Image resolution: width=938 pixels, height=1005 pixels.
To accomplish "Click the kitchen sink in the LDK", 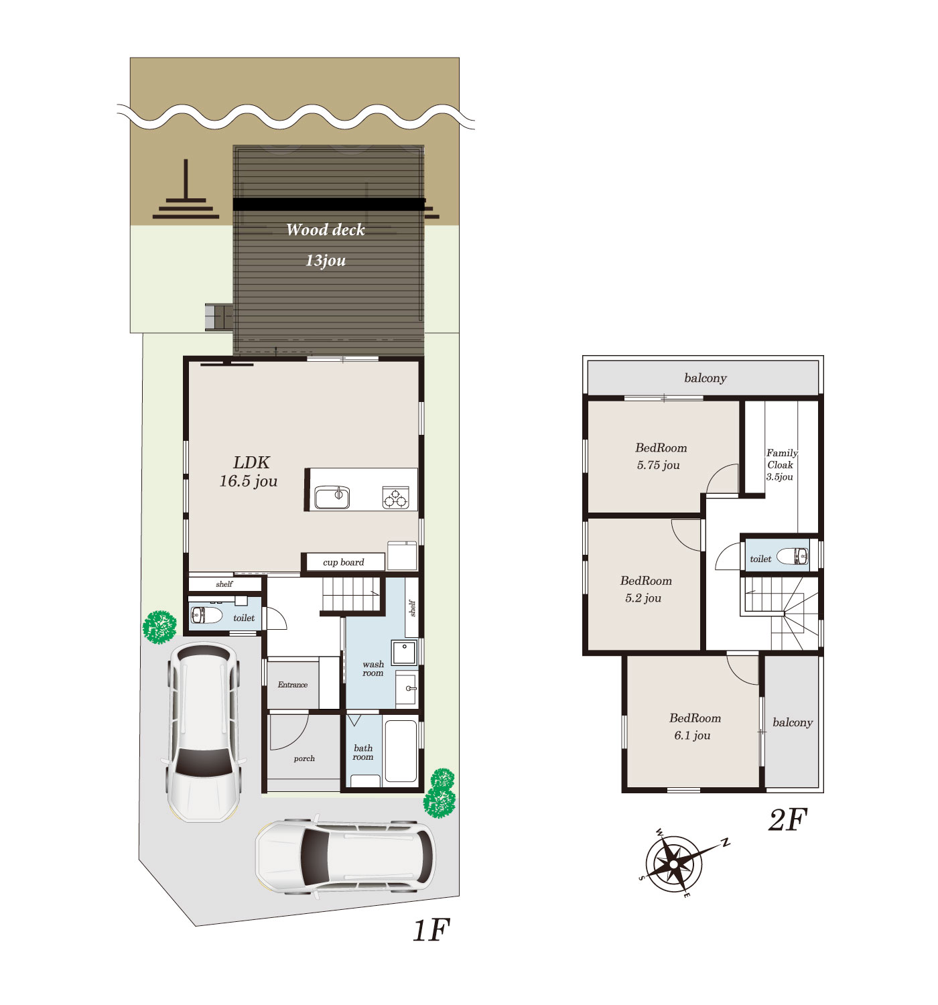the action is (x=332, y=497).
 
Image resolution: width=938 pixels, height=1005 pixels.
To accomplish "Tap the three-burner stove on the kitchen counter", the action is (x=395, y=497).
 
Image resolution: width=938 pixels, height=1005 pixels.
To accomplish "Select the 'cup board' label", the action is (x=343, y=562).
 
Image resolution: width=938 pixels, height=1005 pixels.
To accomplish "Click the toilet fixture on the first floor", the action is (x=206, y=615).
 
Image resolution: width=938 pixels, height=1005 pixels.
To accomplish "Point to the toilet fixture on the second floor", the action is (x=792, y=556).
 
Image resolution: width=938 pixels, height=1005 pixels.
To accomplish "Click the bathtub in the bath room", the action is (x=401, y=751).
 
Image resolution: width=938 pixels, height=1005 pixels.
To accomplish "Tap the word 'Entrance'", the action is (x=293, y=685).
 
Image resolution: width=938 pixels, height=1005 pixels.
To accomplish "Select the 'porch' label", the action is (x=304, y=758).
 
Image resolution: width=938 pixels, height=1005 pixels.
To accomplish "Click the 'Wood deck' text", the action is (x=325, y=230).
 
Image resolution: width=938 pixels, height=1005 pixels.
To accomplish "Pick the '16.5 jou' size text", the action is (x=248, y=481).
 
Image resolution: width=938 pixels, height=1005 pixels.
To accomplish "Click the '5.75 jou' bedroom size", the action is (x=658, y=466).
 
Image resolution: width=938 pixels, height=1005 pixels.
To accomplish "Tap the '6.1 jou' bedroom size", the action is (x=692, y=736).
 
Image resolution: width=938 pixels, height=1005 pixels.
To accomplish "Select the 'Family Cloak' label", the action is (x=781, y=458).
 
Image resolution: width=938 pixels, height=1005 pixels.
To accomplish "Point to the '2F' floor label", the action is (x=787, y=820).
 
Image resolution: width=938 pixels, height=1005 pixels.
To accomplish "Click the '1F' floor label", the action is (x=431, y=930).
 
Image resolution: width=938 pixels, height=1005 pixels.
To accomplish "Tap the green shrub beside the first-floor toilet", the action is (x=159, y=627).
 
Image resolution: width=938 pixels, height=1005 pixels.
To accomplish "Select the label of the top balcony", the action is (x=705, y=378).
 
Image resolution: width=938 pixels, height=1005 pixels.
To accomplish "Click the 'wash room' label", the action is (x=373, y=669).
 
